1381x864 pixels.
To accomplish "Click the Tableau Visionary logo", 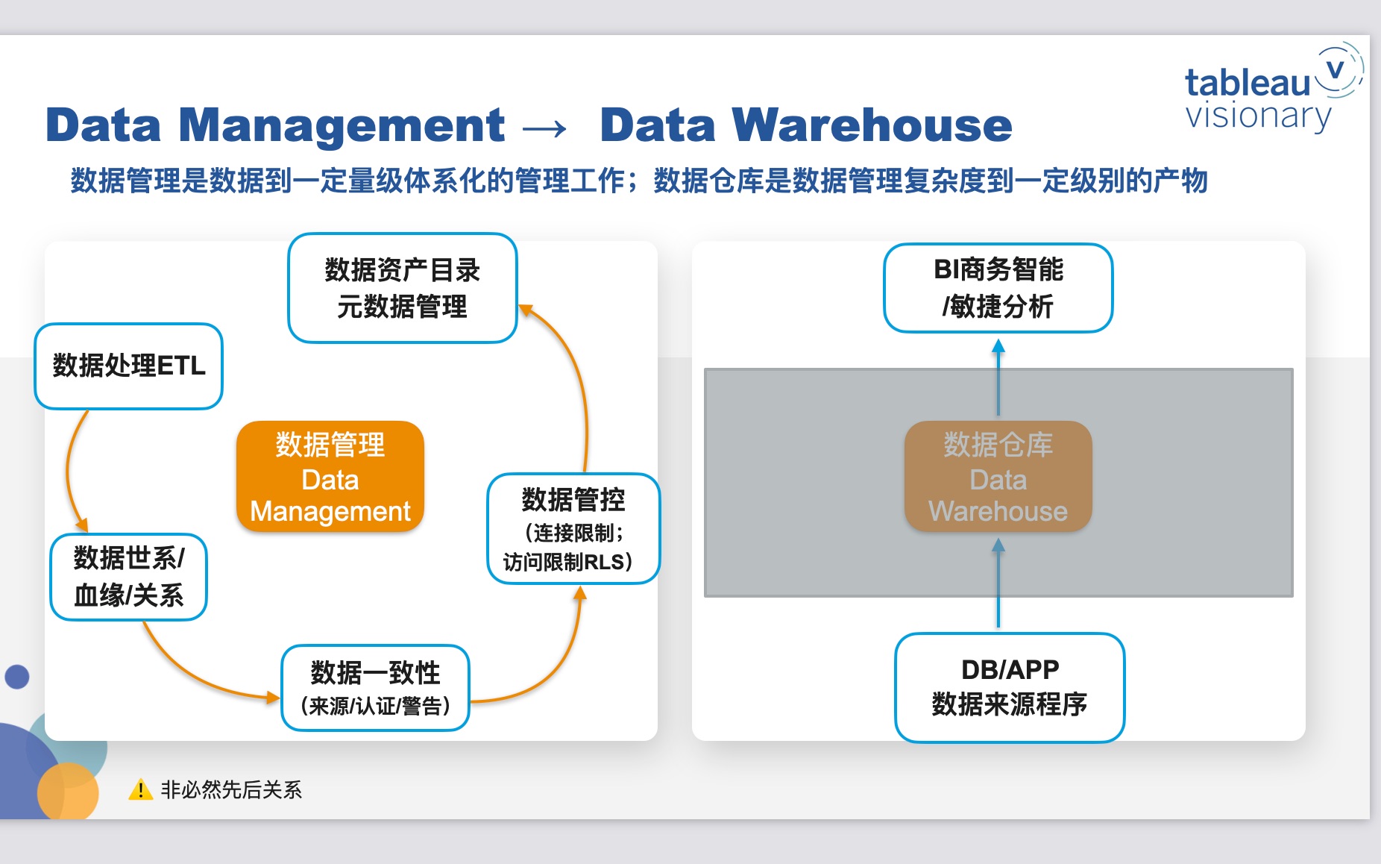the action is (x=1274, y=88).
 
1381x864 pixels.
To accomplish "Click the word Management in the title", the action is (x=342, y=125).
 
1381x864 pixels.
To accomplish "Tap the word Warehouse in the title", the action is (x=872, y=125).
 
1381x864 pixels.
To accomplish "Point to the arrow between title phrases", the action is (x=544, y=128).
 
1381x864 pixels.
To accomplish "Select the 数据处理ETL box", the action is (x=128, y=366).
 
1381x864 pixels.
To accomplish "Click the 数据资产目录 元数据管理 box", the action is (x=403, y=288).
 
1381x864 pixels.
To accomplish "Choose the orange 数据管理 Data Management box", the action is (x=330, y=477).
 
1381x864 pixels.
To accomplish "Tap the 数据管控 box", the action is (x=573, y=528).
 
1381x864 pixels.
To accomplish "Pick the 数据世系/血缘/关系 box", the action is (x=128, y=577).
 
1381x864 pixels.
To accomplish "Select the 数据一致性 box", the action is (x=375, y=688).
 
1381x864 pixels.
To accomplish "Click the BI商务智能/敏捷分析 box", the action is (x=998, y=288).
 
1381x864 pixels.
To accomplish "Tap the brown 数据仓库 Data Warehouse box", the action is (x=998, y=477).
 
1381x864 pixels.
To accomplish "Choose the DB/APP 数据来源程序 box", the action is (x=1010, y=687).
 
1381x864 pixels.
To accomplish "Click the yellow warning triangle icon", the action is (x=140, y=789).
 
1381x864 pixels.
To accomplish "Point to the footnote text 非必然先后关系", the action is (x=231, y=789).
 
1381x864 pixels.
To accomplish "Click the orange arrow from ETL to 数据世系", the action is (x=69, y=470).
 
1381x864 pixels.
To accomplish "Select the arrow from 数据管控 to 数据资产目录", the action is (x=578, y=373).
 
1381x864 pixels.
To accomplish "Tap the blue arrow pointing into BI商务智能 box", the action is (x=998, y=377).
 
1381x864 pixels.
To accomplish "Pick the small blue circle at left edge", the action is (x=16, y=677).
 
